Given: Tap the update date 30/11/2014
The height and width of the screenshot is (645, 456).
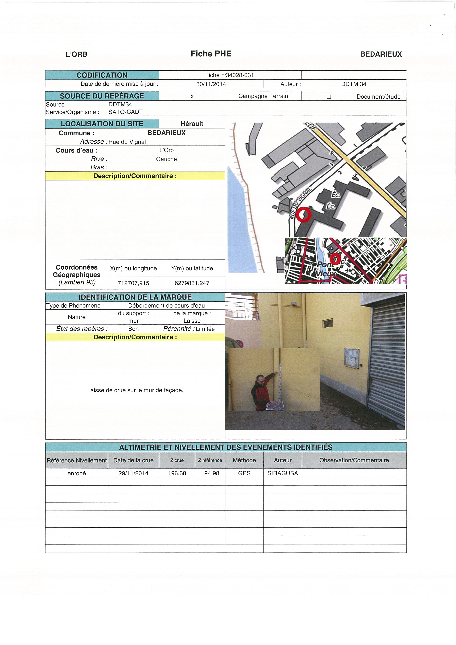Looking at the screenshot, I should [211, 84].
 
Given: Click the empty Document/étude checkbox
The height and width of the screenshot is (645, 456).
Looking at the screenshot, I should [329, 97].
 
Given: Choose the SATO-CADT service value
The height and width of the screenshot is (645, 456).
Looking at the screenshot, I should [125, 112].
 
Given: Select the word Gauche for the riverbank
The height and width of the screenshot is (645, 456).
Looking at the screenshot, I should [166, 159].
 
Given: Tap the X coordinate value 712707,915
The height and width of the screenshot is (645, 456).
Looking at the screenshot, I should [133, 283].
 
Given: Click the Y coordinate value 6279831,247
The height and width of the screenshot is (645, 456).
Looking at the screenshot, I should [192, 283].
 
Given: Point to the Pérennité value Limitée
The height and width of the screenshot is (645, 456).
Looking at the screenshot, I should [205, 329].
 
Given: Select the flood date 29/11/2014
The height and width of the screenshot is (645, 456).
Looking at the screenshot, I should [133, 473].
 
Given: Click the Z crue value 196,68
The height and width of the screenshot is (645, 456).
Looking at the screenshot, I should [177, 473].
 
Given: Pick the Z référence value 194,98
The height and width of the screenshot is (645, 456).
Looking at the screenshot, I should [210, 473].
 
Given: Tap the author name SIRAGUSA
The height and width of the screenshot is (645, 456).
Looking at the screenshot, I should [282, 473].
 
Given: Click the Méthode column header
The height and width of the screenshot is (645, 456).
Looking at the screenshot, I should [244, 460].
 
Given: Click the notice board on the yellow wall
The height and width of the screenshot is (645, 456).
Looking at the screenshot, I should [351, 358].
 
